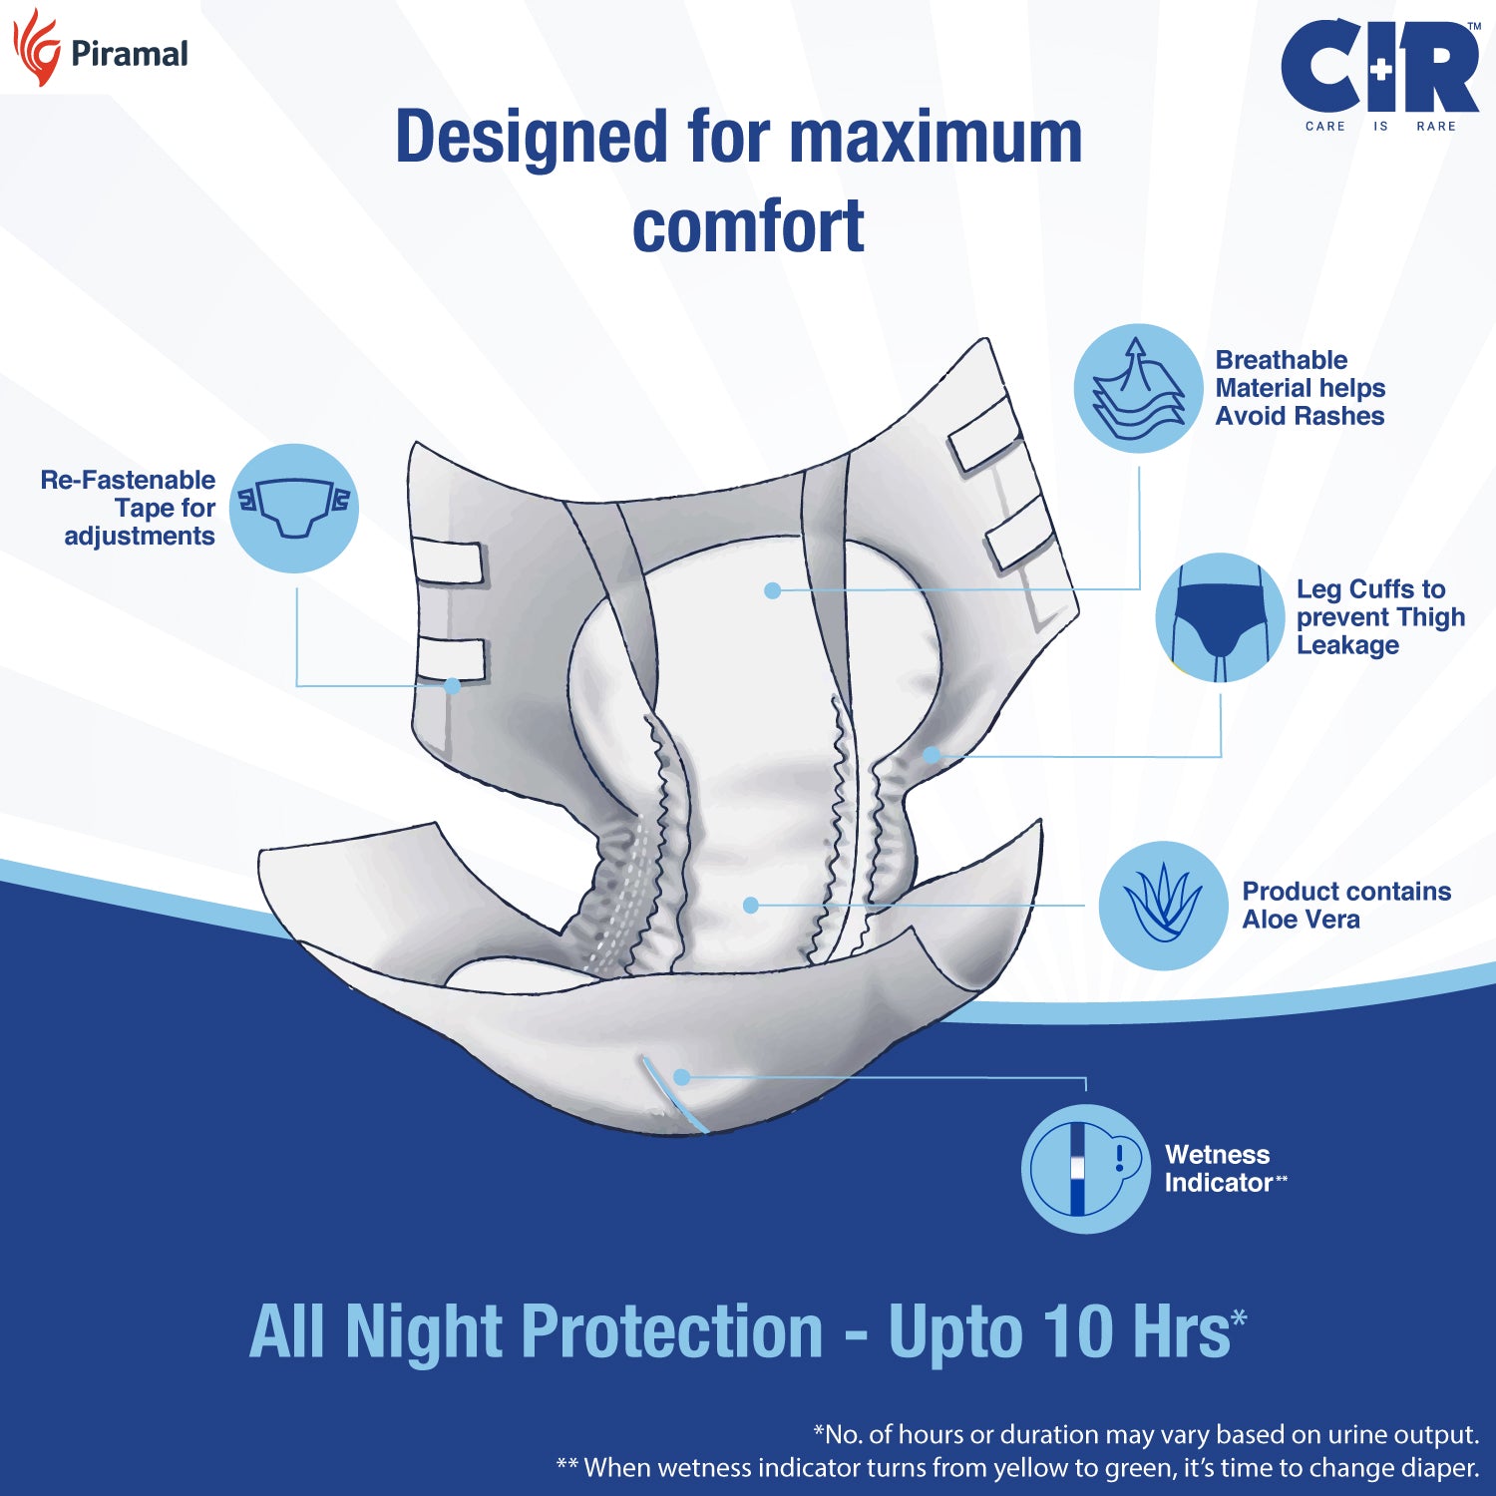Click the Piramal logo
coord(100,48)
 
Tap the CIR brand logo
coord(1380,76)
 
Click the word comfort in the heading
coord(748,226)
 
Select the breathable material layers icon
coord(1138,388)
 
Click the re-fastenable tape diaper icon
coord(294,508)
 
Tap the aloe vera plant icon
coord(1164,906)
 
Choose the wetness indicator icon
coord(1086,1169)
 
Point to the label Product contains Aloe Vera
coord(1346,906)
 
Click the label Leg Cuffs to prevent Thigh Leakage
coord(1380,617)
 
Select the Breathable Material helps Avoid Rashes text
coord(1301,388)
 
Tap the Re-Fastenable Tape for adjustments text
coord(128,508)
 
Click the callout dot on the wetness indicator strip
coord(682,1077)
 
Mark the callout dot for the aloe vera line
coord(751,905)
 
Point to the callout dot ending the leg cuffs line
coord(931,755)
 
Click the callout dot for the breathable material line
coord(772,590)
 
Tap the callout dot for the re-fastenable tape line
coord(452,686)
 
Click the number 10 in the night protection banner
coord(1078,1331)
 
